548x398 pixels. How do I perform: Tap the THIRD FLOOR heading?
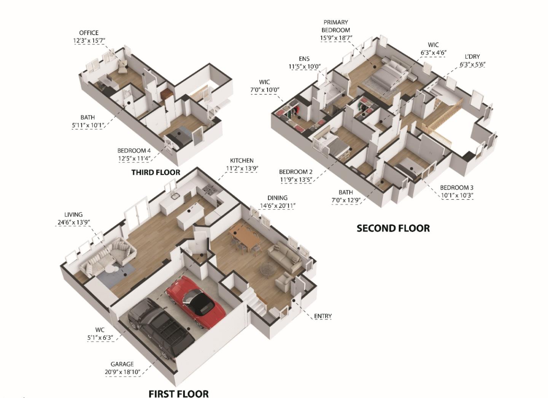click(156, 172)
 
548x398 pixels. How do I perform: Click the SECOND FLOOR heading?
click(393, 228)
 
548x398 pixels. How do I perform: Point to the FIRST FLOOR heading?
click(178, 393)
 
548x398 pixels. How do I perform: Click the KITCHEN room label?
click(242, 161)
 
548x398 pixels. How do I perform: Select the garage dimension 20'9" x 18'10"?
click(123, 372)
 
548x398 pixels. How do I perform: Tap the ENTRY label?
click(323, 316)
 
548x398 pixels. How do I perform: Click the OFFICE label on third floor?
click(89, 33)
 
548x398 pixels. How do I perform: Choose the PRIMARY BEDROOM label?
click(336, 26)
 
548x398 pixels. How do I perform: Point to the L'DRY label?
click(472, 57)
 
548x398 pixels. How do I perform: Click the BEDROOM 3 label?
click(457, 188)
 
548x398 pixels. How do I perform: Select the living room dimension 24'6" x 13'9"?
click(73, 222)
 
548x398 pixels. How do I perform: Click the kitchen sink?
click(176, 196)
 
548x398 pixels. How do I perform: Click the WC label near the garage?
click(100, 330)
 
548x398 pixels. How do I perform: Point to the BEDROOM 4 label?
click(134, 151)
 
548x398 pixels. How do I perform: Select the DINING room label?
click(277, 198)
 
